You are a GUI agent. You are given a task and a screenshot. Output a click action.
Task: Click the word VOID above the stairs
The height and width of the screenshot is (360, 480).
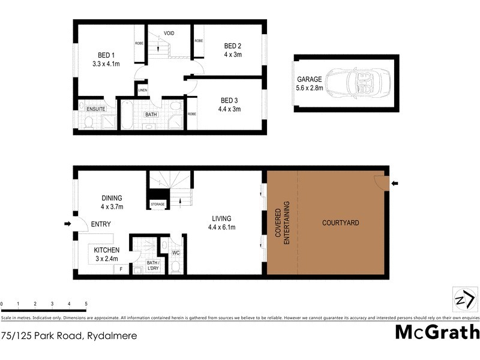(169, 33)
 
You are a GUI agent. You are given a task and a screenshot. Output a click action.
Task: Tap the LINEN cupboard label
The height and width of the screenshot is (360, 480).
(142, 91)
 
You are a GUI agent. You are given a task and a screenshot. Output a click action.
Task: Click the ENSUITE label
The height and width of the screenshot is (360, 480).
(97, 109)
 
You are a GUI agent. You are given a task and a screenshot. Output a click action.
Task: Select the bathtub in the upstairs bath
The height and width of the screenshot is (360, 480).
(127, 116)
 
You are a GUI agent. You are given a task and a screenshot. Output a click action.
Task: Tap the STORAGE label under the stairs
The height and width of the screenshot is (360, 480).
(158, 205)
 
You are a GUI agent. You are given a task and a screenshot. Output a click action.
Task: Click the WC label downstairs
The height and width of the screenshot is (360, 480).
(176, 253)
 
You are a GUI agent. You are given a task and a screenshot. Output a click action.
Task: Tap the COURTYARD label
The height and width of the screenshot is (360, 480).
(341, 223)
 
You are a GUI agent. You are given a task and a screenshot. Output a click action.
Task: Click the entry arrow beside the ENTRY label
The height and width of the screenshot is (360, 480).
(68, 224)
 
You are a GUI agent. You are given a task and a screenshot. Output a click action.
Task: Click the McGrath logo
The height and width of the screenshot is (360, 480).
(437, 331)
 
